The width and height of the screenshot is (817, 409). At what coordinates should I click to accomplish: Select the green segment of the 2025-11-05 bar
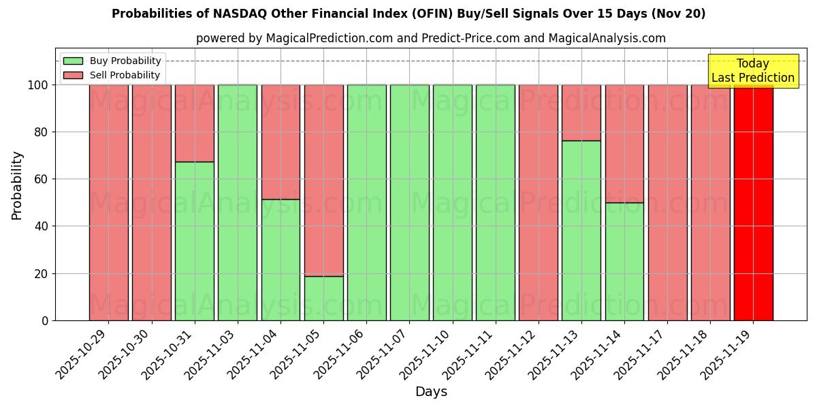point(323,298)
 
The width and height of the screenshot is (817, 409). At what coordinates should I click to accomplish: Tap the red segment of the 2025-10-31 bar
point(195,123)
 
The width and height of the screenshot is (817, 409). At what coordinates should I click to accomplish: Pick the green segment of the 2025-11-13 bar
point(581,230)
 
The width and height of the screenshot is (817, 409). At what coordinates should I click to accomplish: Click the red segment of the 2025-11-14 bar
point(624,143)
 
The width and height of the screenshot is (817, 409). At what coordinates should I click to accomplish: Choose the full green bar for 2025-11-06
point(366,202)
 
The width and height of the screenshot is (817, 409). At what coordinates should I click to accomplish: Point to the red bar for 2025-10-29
point(109,202)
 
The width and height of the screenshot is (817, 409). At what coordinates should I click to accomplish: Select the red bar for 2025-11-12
point(539,202)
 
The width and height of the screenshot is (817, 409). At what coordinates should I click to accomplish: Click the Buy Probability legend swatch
point(73,61)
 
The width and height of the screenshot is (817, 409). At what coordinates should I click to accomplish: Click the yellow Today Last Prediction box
point(753,71)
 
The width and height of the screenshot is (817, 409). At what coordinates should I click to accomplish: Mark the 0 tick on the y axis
point(44,320)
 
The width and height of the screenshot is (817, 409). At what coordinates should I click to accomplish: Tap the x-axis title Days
point(431,392)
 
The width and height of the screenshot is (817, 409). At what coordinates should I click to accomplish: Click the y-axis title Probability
point(17,185)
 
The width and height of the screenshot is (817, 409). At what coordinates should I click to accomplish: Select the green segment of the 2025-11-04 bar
point(281,260)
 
